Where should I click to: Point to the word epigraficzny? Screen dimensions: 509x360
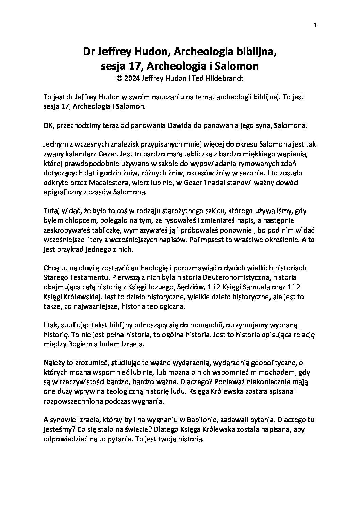point(63,192)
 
